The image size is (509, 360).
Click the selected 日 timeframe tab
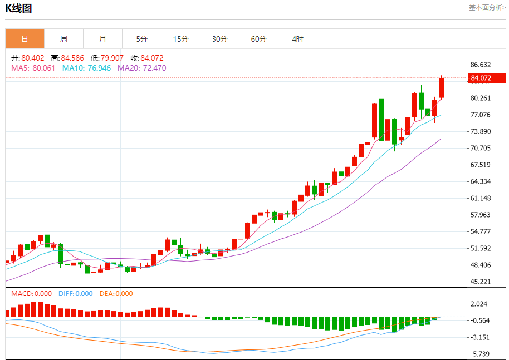[x=25, y=39]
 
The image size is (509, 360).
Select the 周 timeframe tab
[x=63, y=39]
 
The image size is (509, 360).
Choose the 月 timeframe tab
[x=102, y=39]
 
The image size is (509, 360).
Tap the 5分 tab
[x=141, y=39]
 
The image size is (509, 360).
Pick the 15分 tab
[x=180, y=39]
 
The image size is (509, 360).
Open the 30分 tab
[x=219, y=39]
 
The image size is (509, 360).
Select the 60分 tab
[x=258, y=39]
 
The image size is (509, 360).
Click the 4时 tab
[x=297, y=39]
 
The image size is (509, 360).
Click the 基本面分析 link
[x=487, y=7]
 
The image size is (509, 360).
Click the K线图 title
[x=18, y=8]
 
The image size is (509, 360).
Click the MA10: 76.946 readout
[x=86, y=68]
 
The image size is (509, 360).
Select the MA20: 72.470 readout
[x=141, y=68]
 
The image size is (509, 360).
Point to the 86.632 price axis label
[x=481, y=65]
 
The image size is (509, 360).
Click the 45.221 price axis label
[x=481, y=282]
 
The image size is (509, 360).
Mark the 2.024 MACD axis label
[x=478, y=304]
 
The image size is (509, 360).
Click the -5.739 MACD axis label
[x=479, y=354]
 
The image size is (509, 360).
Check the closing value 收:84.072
[x=147, y=58]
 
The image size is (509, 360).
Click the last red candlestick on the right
[x=441, y=88]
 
